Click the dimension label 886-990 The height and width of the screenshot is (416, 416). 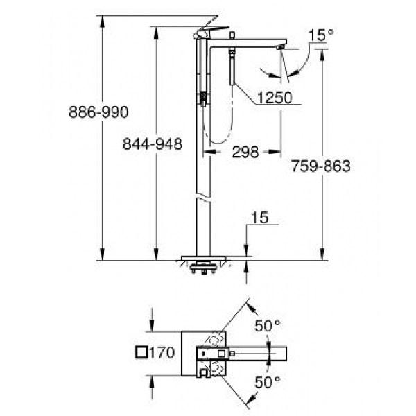98,112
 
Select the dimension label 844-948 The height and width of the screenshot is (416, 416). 153,144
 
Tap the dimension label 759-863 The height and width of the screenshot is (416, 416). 321,166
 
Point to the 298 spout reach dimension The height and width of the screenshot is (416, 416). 245,152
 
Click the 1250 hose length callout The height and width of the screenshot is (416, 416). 275,97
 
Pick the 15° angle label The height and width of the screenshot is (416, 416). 321,35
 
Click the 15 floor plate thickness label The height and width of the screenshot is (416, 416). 260,218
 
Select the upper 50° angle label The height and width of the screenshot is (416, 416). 268,326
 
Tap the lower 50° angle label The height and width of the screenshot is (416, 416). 268,382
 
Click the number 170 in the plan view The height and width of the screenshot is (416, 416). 162,353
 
